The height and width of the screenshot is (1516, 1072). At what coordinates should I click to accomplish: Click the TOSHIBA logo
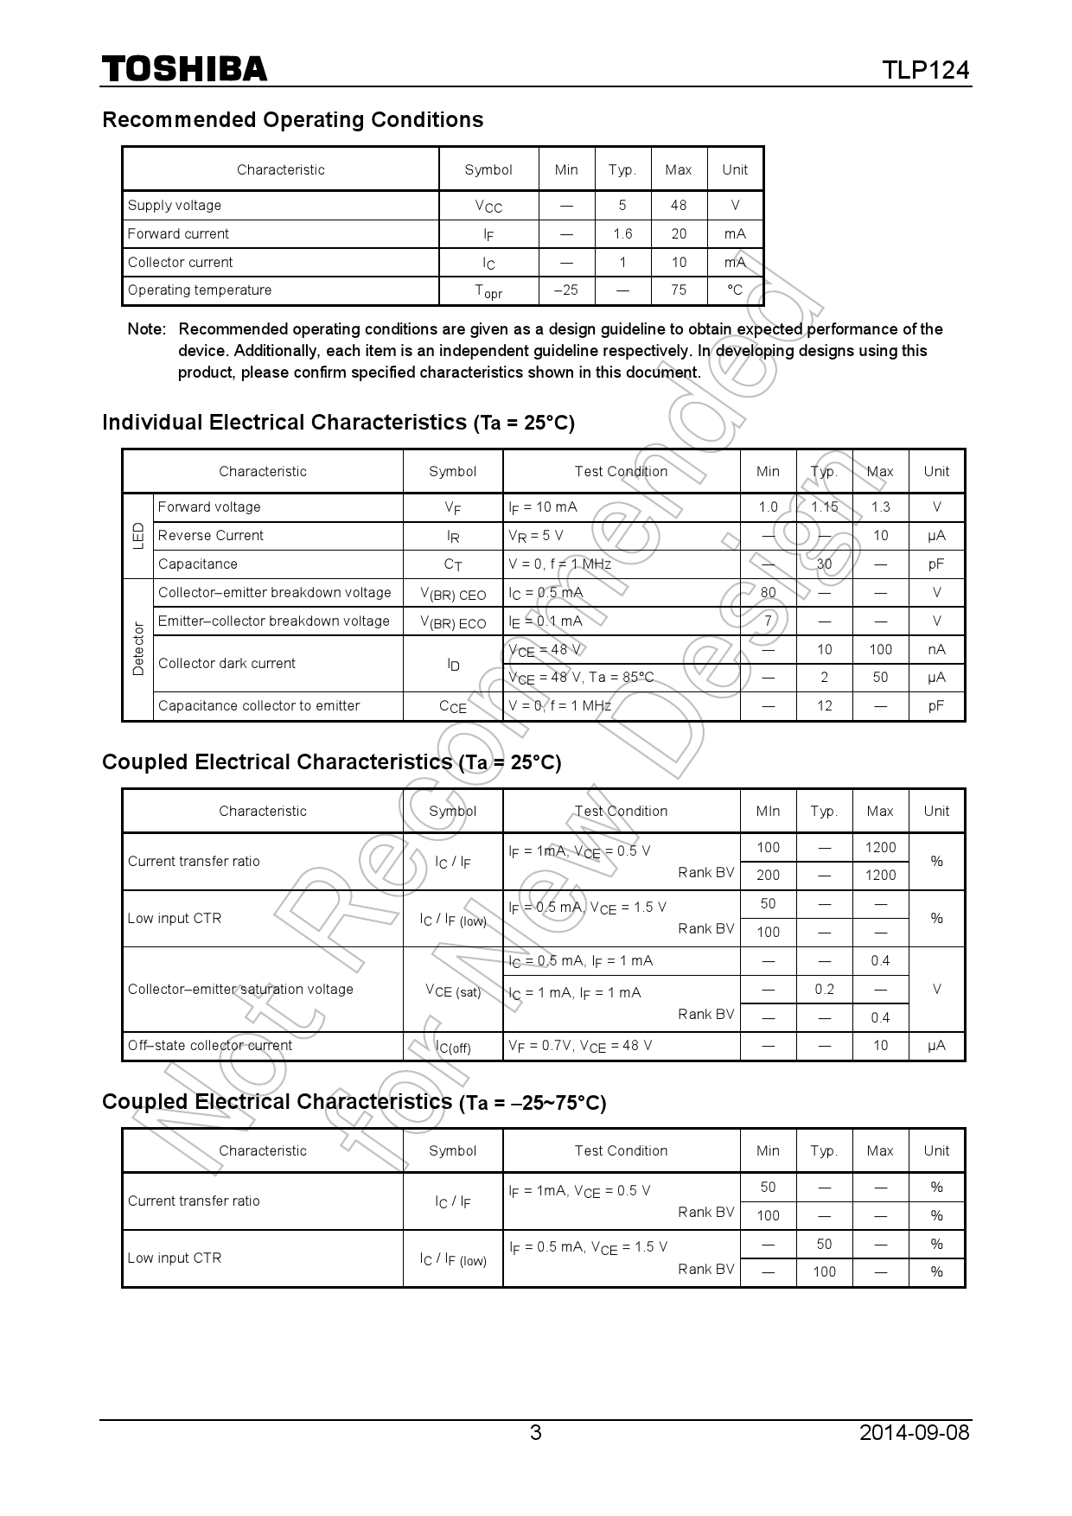(184, 69)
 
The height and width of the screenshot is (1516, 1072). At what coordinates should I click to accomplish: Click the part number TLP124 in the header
(925, 70)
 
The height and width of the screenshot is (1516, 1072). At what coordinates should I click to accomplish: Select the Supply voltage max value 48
(679, 205)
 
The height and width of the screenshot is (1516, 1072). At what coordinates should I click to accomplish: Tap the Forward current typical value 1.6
(622, 233)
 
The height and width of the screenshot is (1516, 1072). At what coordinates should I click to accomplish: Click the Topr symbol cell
(488, 291)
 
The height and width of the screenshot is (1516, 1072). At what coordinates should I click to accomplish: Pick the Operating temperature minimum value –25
(566, 290)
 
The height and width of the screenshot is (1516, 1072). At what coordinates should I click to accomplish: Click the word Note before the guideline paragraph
(145, 329)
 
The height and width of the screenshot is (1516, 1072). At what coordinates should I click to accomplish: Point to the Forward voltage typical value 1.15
(824, 507)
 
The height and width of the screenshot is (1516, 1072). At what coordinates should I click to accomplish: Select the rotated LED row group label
(138, 536)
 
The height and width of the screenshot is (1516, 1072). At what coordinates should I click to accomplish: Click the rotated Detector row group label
(138, 649)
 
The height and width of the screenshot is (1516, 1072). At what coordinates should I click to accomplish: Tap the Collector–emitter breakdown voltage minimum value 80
(768, 593)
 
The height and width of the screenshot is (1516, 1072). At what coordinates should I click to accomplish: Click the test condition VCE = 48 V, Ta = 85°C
(581, 678)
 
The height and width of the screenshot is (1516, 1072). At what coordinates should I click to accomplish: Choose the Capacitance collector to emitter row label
(258, 706)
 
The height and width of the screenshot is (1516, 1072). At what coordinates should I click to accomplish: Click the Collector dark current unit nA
(936, 649)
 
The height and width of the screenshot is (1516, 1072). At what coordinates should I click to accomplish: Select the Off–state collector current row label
(210, 1046)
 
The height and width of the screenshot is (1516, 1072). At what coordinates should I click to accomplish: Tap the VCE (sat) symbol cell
(453, 990)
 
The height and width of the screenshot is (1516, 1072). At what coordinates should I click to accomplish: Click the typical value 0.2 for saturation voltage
(824, 990)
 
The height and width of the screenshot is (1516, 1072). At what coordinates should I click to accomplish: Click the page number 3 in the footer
(535, 1433)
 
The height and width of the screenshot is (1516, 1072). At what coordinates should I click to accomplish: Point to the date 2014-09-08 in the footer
(914, 1433)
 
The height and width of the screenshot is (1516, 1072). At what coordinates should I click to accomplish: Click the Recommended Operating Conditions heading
(292, 120)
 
